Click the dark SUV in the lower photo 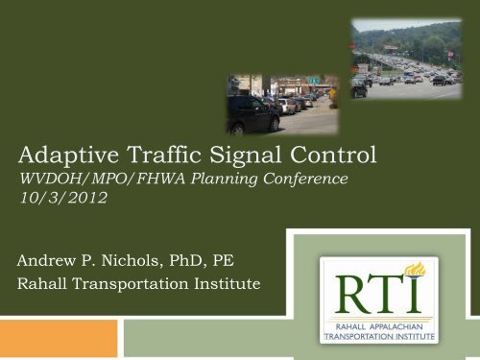[x=252, y=116]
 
